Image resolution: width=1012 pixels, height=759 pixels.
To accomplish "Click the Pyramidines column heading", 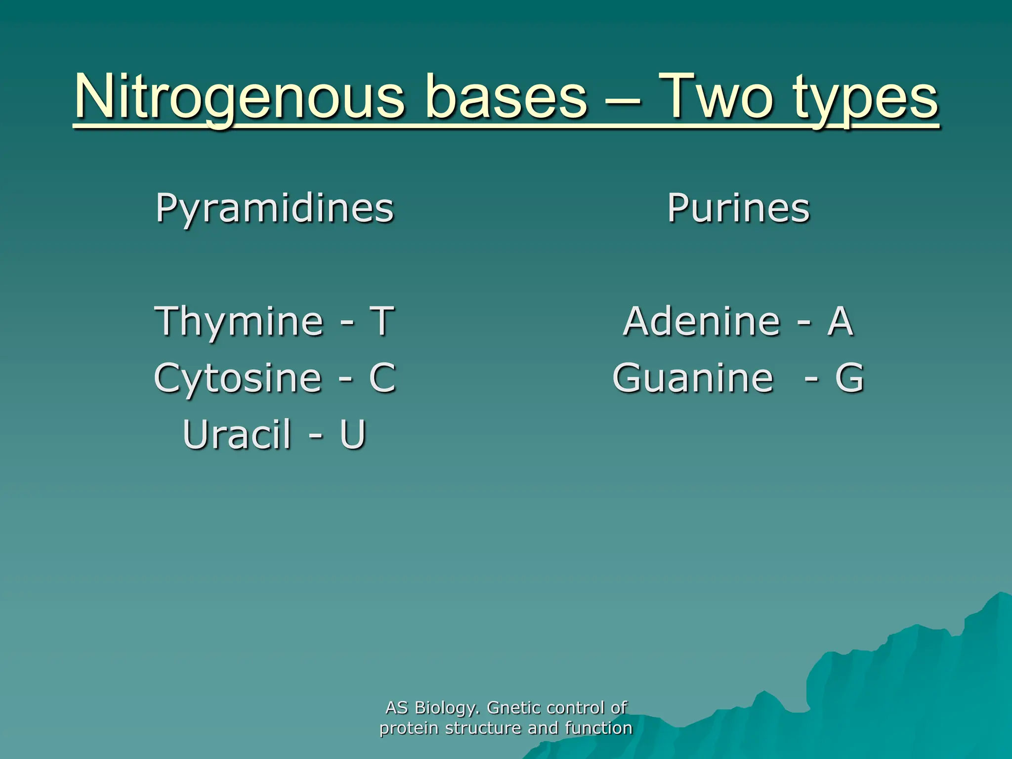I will tap(275, 209).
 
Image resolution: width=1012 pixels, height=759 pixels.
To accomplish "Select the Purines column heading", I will tap(738, 208).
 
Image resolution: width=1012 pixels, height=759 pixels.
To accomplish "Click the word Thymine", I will tap(239, 322).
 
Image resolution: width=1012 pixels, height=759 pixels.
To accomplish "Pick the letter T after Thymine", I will tap(382, 321).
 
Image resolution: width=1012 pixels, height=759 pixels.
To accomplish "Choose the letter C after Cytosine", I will tap(382, 378).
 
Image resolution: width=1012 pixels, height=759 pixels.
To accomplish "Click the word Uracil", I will tap(237, 435).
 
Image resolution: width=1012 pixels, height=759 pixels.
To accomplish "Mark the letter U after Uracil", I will tap(352, 435).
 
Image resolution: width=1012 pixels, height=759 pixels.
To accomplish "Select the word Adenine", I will tap(701, 321).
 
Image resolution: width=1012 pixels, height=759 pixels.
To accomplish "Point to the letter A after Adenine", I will tap(841, 321).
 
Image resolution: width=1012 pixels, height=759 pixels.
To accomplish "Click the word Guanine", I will tap(693, 378).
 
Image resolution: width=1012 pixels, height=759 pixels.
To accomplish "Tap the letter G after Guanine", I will tap(849, 378).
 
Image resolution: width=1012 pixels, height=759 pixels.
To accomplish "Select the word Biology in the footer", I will tap(447, 709).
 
